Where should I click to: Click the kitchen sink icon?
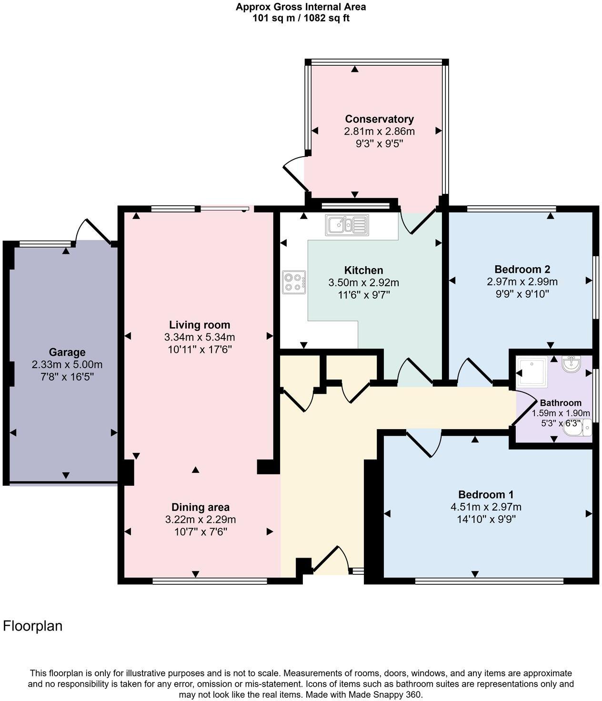(347, 225)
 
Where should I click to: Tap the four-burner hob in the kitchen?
(294, 282)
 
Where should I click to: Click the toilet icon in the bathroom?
(578, 428)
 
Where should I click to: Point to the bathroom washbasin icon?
(571, 364)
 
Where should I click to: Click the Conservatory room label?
(379, 119)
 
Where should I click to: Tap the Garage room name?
(67, 352)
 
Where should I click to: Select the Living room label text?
(200, 325)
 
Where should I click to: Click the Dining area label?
(201, 507)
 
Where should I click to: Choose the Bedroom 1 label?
(486, 494)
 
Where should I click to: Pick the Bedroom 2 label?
(522, 269)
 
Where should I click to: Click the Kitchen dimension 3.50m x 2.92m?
(364, 282)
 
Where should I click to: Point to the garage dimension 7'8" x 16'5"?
(67, 377)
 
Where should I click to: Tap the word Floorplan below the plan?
(33, 626)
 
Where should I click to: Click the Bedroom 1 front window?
(489, 581)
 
